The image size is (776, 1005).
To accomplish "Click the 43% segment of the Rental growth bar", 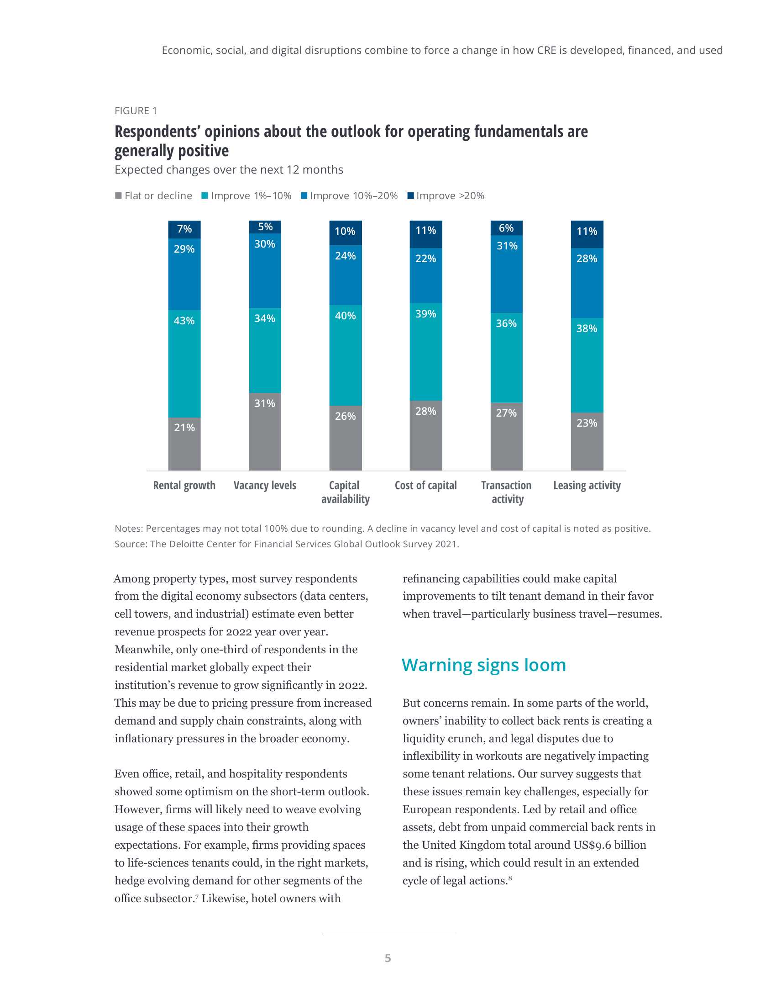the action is click(184, 364).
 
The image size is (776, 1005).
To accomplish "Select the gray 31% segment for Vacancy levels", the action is click(265, 432).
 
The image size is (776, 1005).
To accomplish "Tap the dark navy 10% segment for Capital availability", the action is click(345, 233).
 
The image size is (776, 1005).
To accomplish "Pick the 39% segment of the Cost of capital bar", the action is click(426, 352).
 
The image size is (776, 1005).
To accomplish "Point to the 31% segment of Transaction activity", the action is click(507, 274).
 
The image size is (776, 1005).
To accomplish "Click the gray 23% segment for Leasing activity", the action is click(587, 442).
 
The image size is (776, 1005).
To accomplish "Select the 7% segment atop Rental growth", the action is click(184, 230).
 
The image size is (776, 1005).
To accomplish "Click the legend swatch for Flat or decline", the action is click(118, 196).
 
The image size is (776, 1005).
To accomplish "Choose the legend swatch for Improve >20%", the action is click(410, 196).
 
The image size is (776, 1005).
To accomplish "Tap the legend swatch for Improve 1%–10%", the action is click(204, 196).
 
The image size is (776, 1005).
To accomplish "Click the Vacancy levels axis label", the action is click(265, 486).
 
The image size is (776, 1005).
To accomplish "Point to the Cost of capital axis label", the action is click(426, 486).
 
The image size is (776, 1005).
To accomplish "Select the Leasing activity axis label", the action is click(587, 486).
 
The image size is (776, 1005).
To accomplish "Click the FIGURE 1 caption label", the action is click(136, 111).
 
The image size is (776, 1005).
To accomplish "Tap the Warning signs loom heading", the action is click(483, 665).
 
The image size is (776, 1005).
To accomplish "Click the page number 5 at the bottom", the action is click(388, 958).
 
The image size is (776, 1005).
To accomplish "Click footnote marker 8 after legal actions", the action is click(510, 878).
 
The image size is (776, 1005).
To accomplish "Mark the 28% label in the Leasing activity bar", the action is click(587, 259).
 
